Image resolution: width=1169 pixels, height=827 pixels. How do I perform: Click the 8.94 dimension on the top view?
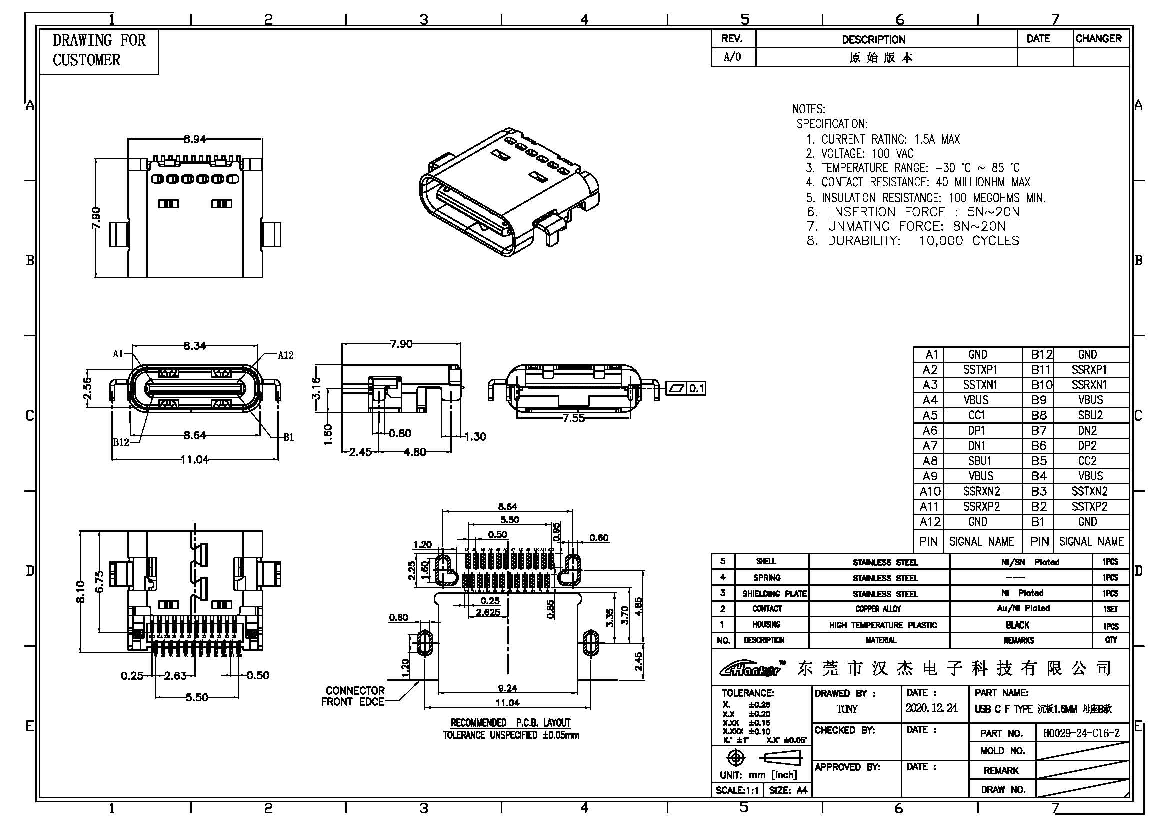coord(194,139)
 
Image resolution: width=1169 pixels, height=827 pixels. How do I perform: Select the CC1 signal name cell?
coord(977,415)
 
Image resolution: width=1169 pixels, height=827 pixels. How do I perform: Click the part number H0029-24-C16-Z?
coord(1081,734)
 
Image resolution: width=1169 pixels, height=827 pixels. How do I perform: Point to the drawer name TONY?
coord(846,709)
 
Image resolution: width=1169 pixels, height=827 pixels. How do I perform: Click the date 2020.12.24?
coord(931,708)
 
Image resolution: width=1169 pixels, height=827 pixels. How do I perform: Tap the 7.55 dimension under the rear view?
coord(573,418)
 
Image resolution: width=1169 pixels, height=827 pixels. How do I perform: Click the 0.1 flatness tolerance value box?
coord(696,389)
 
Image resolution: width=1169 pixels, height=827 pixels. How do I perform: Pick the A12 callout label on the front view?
coord(286,355)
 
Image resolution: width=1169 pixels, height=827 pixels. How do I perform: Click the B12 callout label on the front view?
coord(121,442)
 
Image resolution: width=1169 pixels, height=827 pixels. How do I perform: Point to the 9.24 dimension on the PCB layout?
coord(507,688)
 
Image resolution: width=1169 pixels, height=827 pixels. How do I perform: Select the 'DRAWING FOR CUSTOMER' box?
coord(99,51)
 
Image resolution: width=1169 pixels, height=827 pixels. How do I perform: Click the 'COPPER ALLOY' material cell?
coord(878,609)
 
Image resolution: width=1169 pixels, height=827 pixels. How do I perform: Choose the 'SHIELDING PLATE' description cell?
coord(774,594)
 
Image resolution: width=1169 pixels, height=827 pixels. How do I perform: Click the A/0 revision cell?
coord(732,57)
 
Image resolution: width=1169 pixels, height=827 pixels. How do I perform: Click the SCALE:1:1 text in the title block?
coord(737,790)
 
